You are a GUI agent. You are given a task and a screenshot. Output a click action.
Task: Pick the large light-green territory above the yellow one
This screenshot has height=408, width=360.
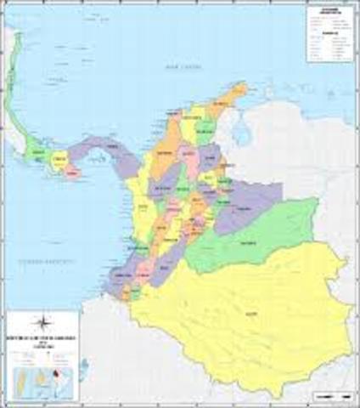(255, 234)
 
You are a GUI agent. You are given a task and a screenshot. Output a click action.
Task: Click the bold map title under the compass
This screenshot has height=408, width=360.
(40, 340)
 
